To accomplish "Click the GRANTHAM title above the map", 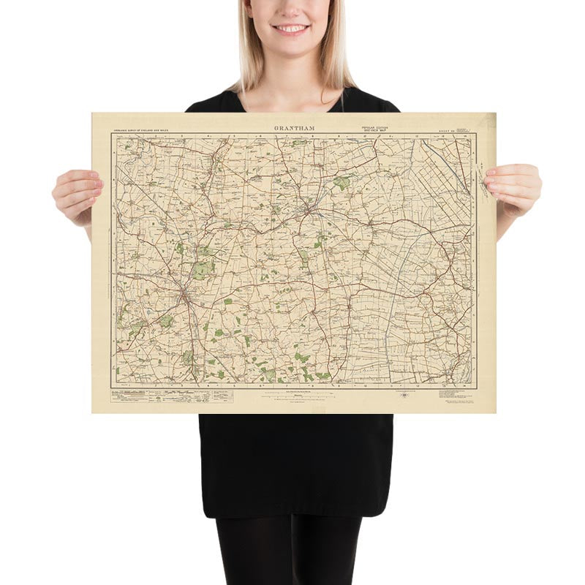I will coord(295,128).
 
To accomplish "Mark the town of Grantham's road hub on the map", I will coord(186,295).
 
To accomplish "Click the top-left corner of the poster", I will coord(92,113).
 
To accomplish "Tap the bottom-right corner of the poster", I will coord(495,412).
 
